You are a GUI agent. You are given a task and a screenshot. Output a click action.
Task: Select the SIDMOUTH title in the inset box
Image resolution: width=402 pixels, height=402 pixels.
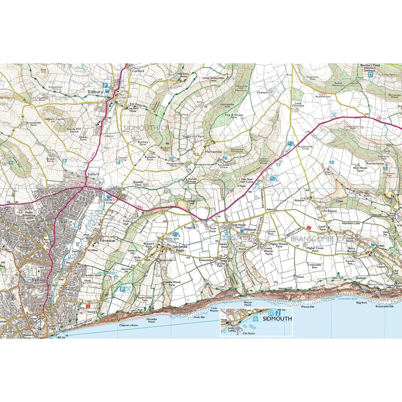277,318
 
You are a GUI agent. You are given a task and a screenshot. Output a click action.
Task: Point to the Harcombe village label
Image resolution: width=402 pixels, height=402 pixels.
214,152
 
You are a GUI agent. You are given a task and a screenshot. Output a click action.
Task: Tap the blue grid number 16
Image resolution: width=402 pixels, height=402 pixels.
225,158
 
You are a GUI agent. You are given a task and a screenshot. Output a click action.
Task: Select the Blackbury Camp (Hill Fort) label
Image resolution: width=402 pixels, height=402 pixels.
370,67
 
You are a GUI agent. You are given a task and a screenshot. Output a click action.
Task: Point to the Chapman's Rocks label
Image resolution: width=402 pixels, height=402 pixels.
128,325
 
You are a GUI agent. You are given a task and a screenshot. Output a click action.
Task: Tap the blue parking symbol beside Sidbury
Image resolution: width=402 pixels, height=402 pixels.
105,85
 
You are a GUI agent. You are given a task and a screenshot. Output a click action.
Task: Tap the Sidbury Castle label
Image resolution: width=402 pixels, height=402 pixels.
54,119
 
